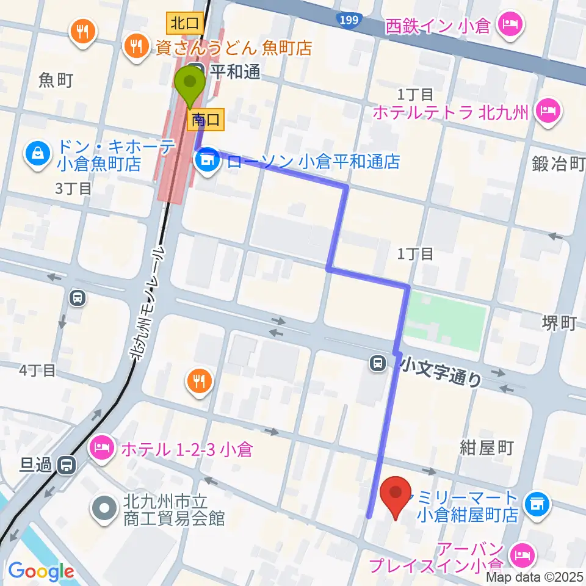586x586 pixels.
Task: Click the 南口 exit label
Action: [208, 120]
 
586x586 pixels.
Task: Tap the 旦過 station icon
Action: [65, 466]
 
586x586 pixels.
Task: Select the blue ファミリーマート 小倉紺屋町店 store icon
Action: [537, 504]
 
